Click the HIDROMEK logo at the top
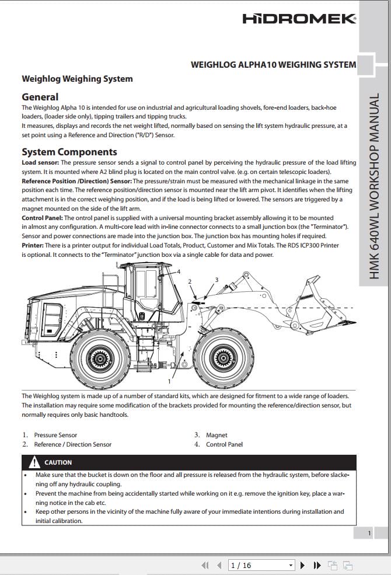pyautogui.click(x=299, y=19)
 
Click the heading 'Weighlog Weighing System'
pyautogui.click(x=77, y=79)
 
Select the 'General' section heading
pyautogui.click(x=40, y=97)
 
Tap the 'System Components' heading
pyautogui.click(x=69, y=152)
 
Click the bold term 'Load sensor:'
pyautogui.click(x=40, y=163)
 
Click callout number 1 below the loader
pyautogui.click(x=169, y=381)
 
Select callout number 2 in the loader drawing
pyautogui.click(x=190, y=282)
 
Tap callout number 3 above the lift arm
pyautogui.click(x=217, y=280)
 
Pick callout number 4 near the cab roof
pyautogui.click(x=179, y=272)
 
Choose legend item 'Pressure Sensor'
pyautogui.click(x=55, y=435)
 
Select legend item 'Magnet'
pyautogui.click(x=217, y=435)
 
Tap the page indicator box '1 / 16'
pyautogui.click(x=261, y=565)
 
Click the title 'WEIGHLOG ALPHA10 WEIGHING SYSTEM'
pyautogui.click(x=273, y=65)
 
